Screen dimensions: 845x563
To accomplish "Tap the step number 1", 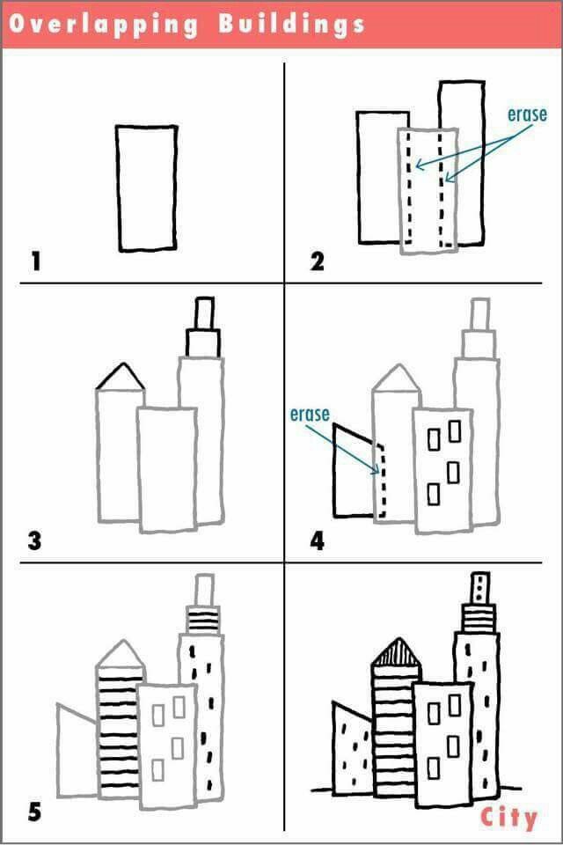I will click(x=36, y=261).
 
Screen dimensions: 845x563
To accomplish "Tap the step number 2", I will click(x=318, y=261).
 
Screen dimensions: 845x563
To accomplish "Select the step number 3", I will click(x=34, y=540).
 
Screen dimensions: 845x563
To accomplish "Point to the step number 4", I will click(x=318, y=540).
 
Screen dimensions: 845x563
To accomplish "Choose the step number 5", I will click(x=34, y=811).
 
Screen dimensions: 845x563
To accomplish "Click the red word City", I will click(x=508, y=818).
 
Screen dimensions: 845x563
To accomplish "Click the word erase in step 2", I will click(x=527, y=114).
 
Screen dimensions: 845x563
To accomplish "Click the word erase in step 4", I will click(x=310, y=414).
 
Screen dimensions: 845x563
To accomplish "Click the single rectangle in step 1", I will click(x=147, y=187).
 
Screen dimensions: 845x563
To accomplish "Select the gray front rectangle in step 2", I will click(x=428, y=191).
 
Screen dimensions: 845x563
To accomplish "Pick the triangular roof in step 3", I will click(x=121, y=378).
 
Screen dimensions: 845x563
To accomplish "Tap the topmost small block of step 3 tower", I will click(x=204, y=312).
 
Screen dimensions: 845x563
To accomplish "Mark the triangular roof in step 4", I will click(x=397, y=379).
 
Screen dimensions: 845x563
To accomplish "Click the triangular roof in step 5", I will click(x=120, y=654).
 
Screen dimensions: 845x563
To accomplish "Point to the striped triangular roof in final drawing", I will click(x=395, y=652).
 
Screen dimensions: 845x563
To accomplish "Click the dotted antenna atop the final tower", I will click(x=479, y=587).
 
